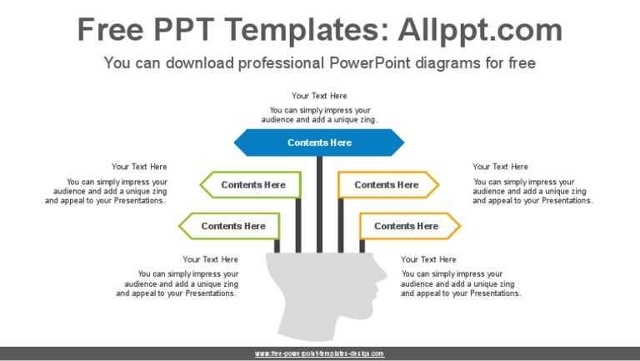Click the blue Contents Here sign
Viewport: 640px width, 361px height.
point(319,143)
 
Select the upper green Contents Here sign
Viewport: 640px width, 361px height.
point(252,185)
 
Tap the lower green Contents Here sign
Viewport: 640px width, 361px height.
point(232,226)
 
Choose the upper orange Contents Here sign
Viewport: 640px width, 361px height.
point(387,185)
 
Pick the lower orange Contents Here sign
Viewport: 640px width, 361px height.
point(407,226)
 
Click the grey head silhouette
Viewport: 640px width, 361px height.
point(321,296)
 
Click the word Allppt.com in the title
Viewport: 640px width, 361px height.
point(480,30)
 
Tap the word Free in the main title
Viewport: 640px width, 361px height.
point(112,30)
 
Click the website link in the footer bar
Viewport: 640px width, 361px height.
point(319,353)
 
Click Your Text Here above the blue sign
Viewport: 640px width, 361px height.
point(319,96)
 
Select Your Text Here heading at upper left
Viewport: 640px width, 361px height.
point(139,167)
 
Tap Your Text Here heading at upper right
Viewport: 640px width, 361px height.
point(500,167)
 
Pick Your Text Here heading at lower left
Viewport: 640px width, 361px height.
point(210,259)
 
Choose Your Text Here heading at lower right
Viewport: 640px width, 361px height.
point(428,259)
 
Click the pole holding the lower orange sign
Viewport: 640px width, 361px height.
point(362,245)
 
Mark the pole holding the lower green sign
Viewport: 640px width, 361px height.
point(277,245)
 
